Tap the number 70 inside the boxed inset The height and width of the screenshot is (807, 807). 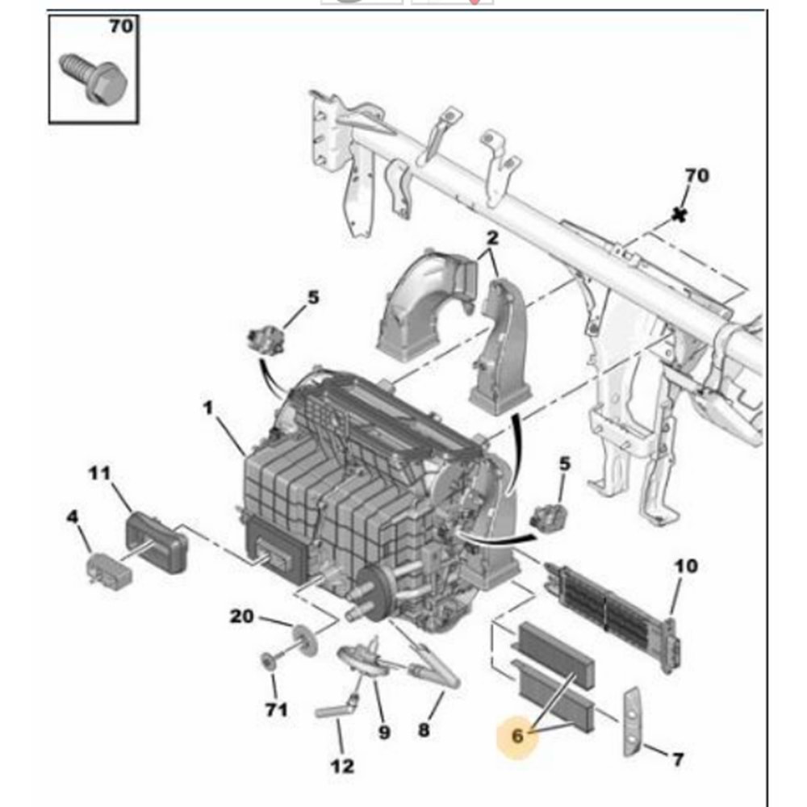pyautogui.click(x=120, y=27)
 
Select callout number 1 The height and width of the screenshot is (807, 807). pyautogui.click(x=208, y=409)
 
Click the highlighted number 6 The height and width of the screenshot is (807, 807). pyautogui.click(x=517, y=735)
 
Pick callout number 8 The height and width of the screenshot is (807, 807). pyautogui.click(x=424, y=731)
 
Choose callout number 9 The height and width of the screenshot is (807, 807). pyautogui.click(x=384, y=733)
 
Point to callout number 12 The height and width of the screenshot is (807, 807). pyautogui.click(x=342, y=765)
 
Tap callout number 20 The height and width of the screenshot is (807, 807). pyautogui.click(x=241, y=617)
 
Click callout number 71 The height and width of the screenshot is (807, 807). pyautogui.click(x=276, y=710)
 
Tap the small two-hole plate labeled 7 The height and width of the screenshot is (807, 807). pyautogui.click(x=630, y=722)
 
